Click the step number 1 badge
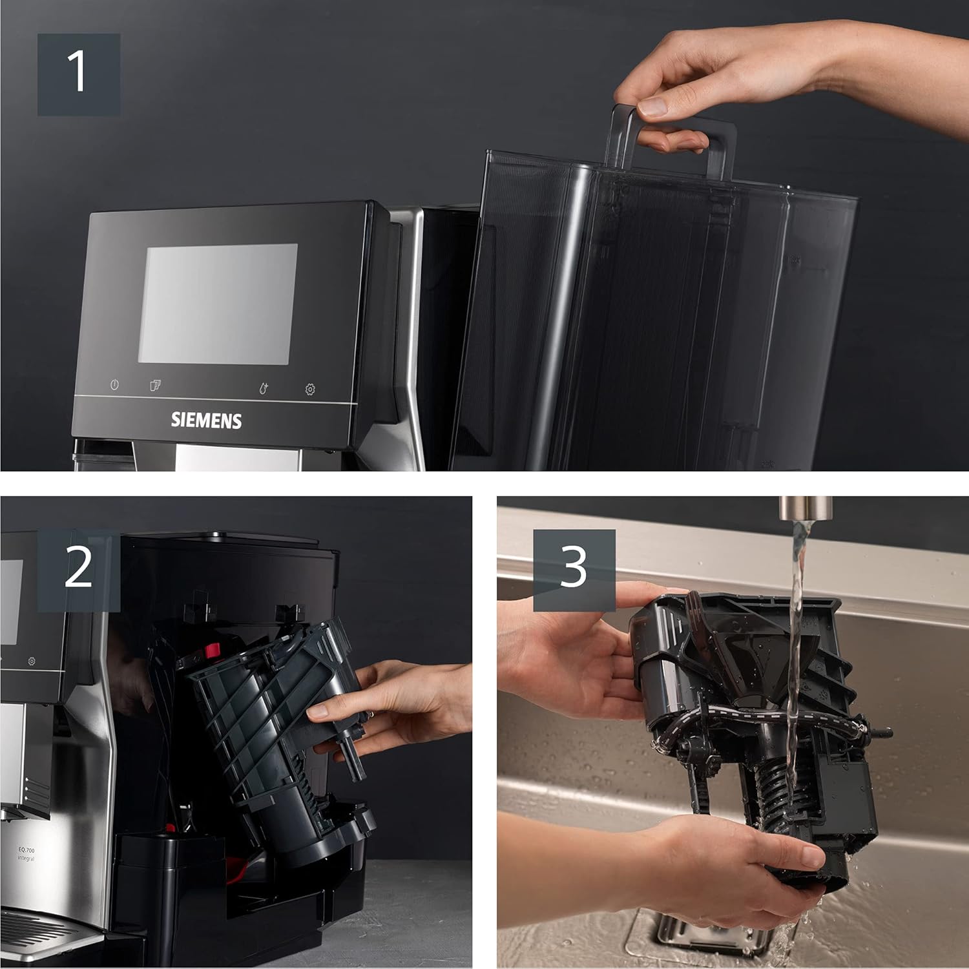78,74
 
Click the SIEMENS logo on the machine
206,421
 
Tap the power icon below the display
114,385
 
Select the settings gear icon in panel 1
310,390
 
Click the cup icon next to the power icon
155,386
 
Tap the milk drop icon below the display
263,388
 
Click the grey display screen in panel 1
218,304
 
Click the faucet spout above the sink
799,507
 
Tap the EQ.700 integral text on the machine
26,854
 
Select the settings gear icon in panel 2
31,662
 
